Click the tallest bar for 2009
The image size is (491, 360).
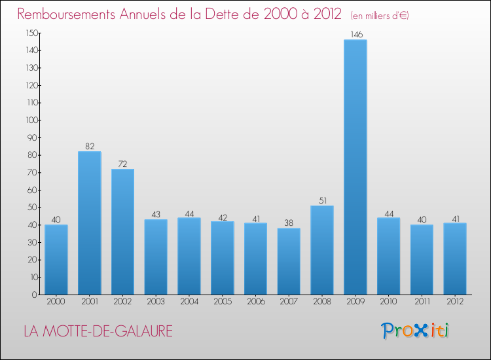click(355, 167)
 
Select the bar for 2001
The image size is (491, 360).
click(89, 223)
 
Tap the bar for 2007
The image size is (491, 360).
click(289, 261)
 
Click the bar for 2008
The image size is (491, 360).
click(322, 250)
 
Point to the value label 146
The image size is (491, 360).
click(355, 34)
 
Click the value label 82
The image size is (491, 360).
click(89, 146)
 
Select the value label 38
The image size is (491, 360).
click(289, 223)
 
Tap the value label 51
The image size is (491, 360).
click(322, 200)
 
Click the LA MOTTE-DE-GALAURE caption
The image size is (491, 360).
click(98, 332)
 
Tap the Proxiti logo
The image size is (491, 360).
click(416, 331)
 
